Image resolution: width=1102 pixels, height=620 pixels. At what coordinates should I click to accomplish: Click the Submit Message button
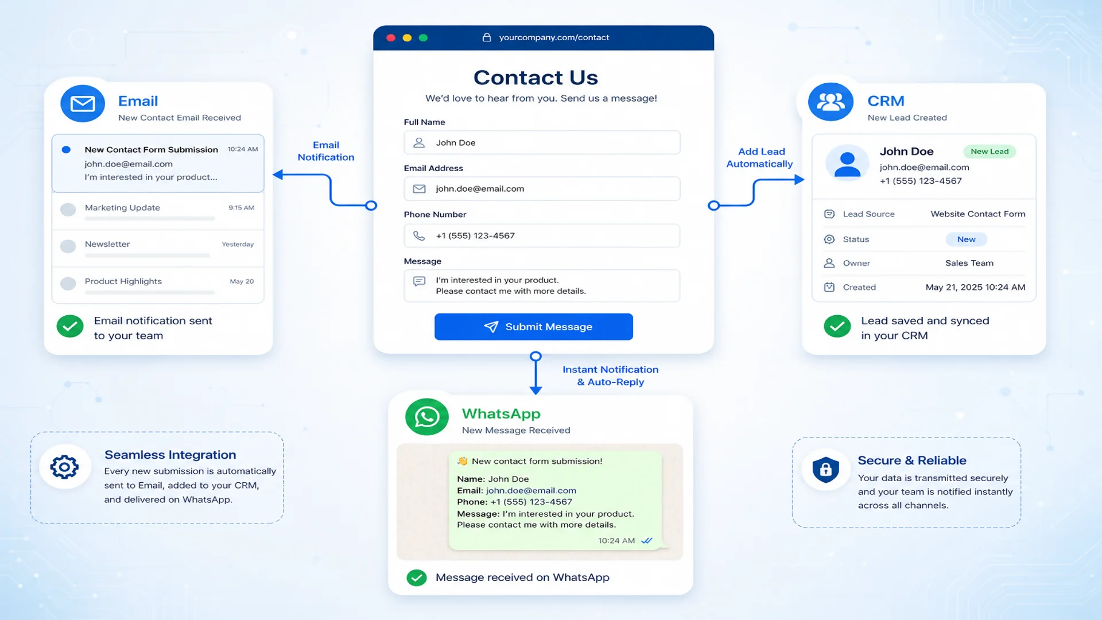[534, 327]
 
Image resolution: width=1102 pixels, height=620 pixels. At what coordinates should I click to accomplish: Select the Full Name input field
[542, 142]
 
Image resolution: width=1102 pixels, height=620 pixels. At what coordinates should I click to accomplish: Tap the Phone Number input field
[542, 235]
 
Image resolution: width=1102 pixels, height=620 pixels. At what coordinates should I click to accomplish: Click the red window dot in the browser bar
[391, 38]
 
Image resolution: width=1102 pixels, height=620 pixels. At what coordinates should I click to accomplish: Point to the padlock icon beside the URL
[487, 37]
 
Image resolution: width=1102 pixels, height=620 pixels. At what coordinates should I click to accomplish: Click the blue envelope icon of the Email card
[83, 103]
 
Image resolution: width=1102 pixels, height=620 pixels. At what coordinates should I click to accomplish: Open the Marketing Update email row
[158, 211]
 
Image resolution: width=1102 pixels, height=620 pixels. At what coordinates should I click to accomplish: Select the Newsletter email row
[158, 248]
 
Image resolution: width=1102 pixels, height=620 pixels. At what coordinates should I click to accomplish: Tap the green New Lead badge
[990, 152]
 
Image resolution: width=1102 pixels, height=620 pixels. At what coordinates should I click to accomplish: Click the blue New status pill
[967, 239]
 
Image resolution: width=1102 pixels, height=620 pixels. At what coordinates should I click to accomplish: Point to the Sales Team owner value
[969, 263]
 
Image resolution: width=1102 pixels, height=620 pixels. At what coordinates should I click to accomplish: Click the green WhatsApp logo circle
[427, 417]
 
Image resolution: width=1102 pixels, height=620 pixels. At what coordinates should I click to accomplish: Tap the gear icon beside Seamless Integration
[64, 467]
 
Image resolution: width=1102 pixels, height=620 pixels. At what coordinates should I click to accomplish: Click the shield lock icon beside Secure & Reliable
[826, 470]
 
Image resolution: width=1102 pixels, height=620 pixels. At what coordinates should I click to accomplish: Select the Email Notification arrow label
[326, 151]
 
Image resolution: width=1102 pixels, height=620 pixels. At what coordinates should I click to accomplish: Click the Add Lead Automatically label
[760, 158]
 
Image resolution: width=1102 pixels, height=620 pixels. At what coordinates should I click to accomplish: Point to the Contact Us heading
[536, 77]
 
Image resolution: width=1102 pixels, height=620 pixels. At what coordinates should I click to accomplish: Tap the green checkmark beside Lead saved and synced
[837, 326]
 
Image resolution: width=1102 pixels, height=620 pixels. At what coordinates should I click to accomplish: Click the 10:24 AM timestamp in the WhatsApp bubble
[616, 541]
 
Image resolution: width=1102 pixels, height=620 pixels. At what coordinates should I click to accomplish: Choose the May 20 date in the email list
[242, 281]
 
